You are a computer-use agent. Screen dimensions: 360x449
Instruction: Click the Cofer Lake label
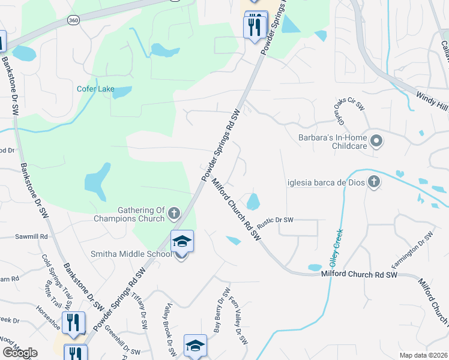tap(95, 89)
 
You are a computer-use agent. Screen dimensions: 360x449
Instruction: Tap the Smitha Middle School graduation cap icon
tap(182, 242)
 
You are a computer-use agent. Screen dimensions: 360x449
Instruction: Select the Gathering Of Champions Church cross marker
tap(174, 214)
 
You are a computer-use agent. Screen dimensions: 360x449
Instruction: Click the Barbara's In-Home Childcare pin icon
tap(377, 142)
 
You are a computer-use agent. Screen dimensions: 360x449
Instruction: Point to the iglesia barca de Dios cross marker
tap(374, 181)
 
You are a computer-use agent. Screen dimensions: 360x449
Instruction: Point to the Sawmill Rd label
tap(31, 237)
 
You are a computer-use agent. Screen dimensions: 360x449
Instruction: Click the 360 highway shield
tap(73, 20)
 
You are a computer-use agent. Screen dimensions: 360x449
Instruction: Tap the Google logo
tap(20, 353)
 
